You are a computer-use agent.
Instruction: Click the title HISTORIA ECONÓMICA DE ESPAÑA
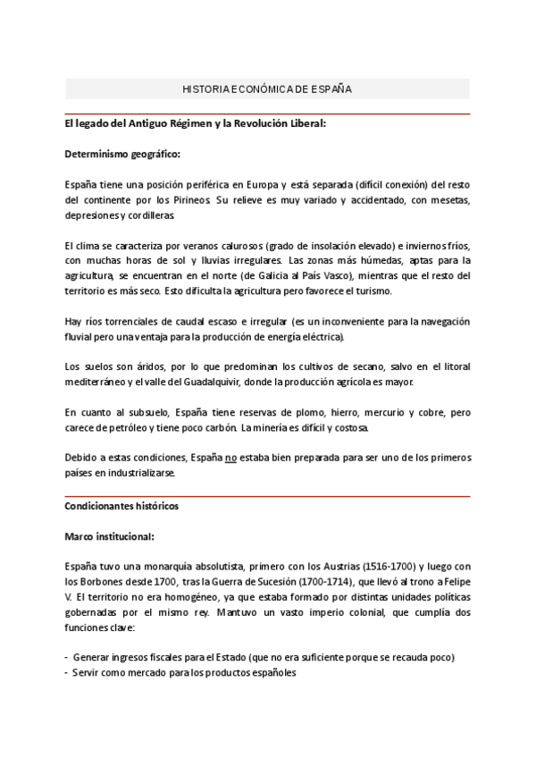tap(267, 90)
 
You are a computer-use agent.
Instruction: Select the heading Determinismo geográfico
tap(122, 154)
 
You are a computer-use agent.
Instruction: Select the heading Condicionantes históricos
tap(121, 506)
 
